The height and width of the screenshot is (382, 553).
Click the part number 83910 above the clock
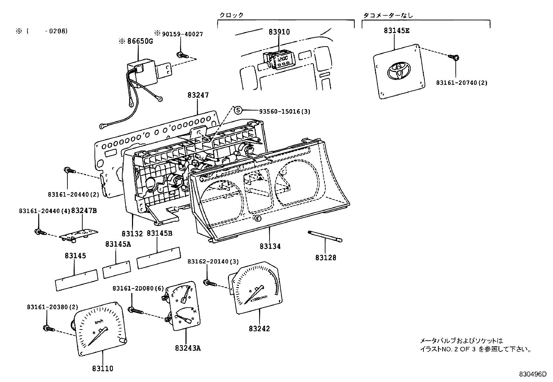[x=279, y=32]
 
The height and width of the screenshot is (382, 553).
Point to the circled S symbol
[x=238, y=110]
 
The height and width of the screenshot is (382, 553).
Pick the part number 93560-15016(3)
[x=284, y=111]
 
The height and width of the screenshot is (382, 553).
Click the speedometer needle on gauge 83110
[x=97, y=336]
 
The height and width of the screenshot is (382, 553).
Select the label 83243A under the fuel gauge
[x=188, y=348]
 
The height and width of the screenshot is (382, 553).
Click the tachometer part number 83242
[x=259, y=328]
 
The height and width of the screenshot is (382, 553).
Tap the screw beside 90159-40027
[x=181, y=55]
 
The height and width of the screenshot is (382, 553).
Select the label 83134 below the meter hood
[x=270, y=246]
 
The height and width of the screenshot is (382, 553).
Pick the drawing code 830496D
[x=533, y=374]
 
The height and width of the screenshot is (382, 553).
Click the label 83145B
[x=159, y=234]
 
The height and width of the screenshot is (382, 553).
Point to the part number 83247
[x=198, y=95]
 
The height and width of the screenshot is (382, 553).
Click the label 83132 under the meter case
[x=132, y=234]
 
